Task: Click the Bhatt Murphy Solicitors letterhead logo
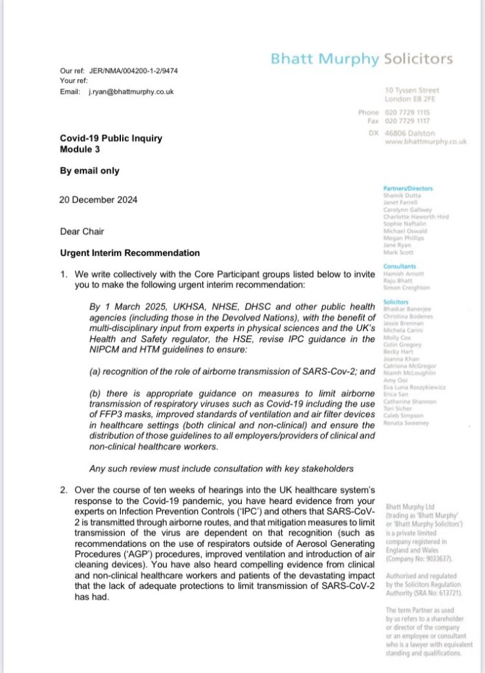[x=361, y=59]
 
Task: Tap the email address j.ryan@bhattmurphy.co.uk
[x=131, y=91]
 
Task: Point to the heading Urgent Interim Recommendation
[x=130, y=253]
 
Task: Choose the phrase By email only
[x=90, y=170]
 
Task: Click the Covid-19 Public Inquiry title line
[x=111, y=138]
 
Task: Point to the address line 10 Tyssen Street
[x=412, y=89]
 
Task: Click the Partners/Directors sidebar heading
[x=405, y=188]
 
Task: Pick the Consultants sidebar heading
[x=400, y=266]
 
